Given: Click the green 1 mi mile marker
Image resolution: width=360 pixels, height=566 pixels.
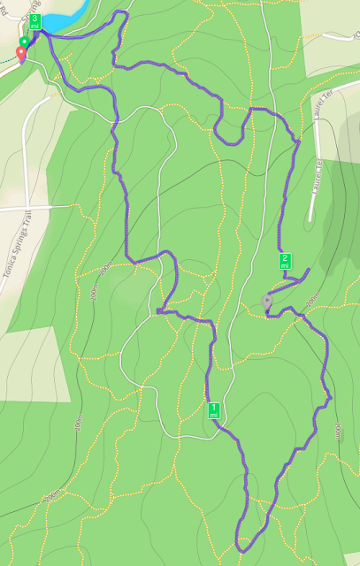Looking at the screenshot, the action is [213, 409].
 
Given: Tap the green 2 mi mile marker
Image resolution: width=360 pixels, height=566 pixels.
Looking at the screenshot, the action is [285, 260].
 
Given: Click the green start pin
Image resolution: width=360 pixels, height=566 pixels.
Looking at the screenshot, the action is [24, 42].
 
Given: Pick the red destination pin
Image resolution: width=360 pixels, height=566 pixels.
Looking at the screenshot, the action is [20, 55].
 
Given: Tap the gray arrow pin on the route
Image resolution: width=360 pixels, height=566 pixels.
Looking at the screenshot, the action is [267, 302].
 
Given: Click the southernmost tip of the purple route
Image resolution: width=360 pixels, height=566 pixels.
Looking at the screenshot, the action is [241, 550].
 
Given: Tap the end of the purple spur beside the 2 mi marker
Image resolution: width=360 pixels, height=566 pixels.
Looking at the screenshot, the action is [307, 269].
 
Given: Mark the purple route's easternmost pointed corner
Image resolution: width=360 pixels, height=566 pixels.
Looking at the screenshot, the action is [330, 399].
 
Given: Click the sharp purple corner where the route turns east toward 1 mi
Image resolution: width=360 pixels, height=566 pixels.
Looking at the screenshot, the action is [157, 311].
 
